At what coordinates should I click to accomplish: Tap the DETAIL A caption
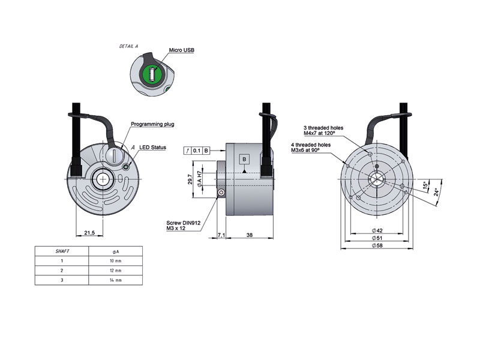point(129,46)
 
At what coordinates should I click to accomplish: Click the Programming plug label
point(152,124)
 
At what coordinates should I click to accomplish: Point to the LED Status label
point(152,148)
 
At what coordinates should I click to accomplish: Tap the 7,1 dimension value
point(220,235)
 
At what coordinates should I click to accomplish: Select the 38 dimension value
point(249,235)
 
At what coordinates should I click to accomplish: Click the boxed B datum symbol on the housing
point(244,159)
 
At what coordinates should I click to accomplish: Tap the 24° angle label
point(437,193)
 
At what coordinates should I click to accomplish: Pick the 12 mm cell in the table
point(115,271)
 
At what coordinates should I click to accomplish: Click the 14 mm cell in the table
point(115,280)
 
